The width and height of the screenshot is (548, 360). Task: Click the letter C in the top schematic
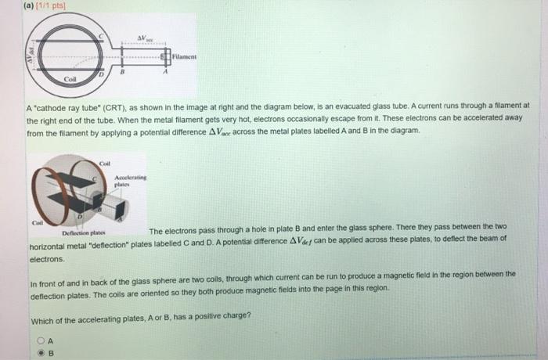pos(99,38)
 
